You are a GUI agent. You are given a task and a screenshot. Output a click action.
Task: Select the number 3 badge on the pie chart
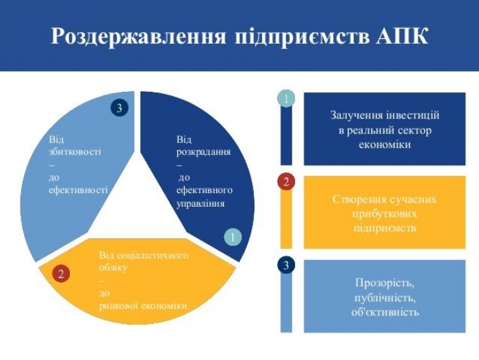[120, 107]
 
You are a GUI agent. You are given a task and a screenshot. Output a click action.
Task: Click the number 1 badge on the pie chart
[233, 237]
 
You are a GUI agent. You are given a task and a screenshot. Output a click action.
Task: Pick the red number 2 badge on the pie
[61, 274]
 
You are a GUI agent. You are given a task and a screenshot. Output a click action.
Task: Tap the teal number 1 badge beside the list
[286, 99]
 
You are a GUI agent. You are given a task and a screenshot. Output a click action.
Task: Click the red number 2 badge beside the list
[286, 182]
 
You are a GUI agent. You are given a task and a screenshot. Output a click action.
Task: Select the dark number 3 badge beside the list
[286, 266]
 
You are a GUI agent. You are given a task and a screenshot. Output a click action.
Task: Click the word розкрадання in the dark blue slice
[203, 152]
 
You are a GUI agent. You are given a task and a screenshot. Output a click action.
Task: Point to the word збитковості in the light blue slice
[75, 152]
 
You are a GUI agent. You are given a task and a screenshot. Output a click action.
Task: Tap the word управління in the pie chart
[200, 203]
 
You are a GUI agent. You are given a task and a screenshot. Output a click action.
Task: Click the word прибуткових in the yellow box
[385, 214]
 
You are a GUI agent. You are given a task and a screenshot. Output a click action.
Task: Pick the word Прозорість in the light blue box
[385, 283]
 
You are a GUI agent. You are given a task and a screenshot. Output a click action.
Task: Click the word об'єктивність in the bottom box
[385, 312]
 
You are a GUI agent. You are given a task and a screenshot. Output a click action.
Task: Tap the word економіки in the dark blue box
[385, 144]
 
